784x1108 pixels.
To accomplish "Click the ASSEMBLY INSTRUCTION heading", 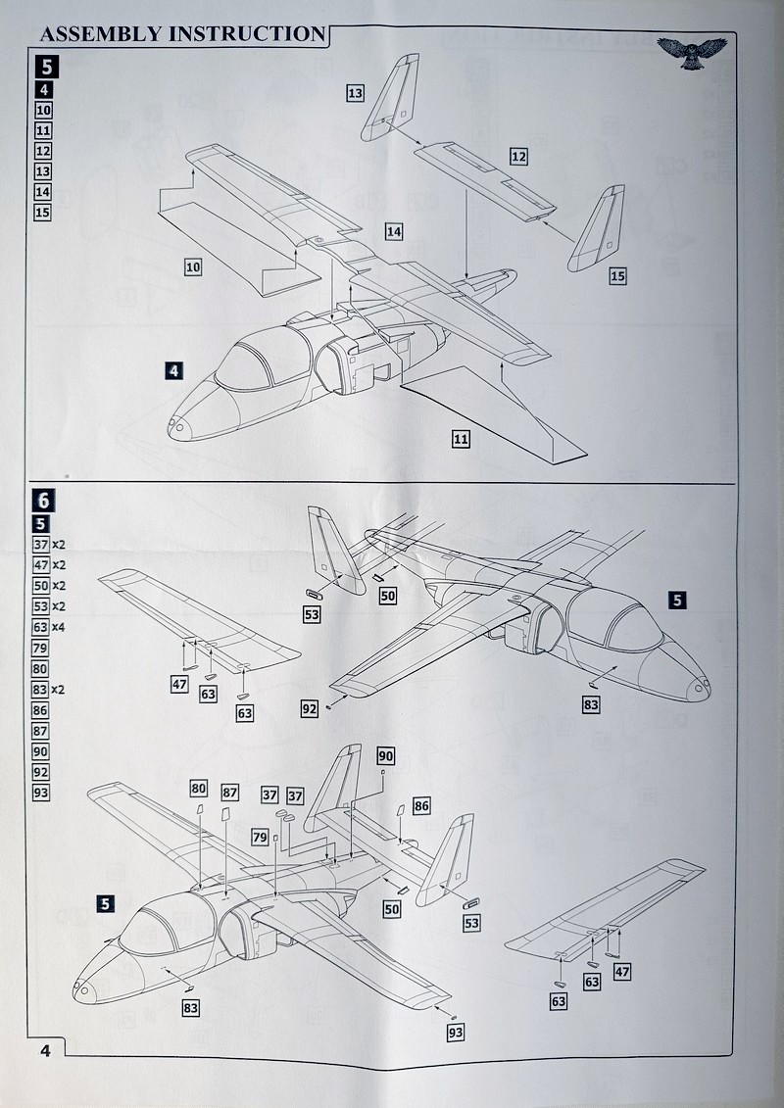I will [x=181, y=33].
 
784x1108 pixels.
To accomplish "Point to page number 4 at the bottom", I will [x=46, y=1050].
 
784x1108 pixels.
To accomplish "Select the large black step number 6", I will [x=45, y=500].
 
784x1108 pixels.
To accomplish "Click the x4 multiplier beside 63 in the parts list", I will [x=59, y=627].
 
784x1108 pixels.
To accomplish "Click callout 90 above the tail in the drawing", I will [x=385, y=755].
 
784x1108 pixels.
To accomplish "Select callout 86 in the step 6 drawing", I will [x=421, y=806].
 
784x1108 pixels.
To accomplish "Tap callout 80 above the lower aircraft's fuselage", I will [x=199, y=789].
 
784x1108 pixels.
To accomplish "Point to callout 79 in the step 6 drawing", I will [x=260, y=837].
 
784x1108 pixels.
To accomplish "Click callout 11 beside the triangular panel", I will [x=461, y=439].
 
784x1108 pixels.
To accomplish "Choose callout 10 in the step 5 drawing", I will [x=193, y=266].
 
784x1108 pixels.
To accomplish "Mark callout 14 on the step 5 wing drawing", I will [x=394, y=232].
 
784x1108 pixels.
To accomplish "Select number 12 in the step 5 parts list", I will [x=42, y=151].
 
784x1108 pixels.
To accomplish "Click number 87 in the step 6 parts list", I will [x=41, y=731].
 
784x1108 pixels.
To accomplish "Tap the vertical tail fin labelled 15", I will [x=599, y=230].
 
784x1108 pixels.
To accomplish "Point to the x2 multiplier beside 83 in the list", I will [x=59, y=690].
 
